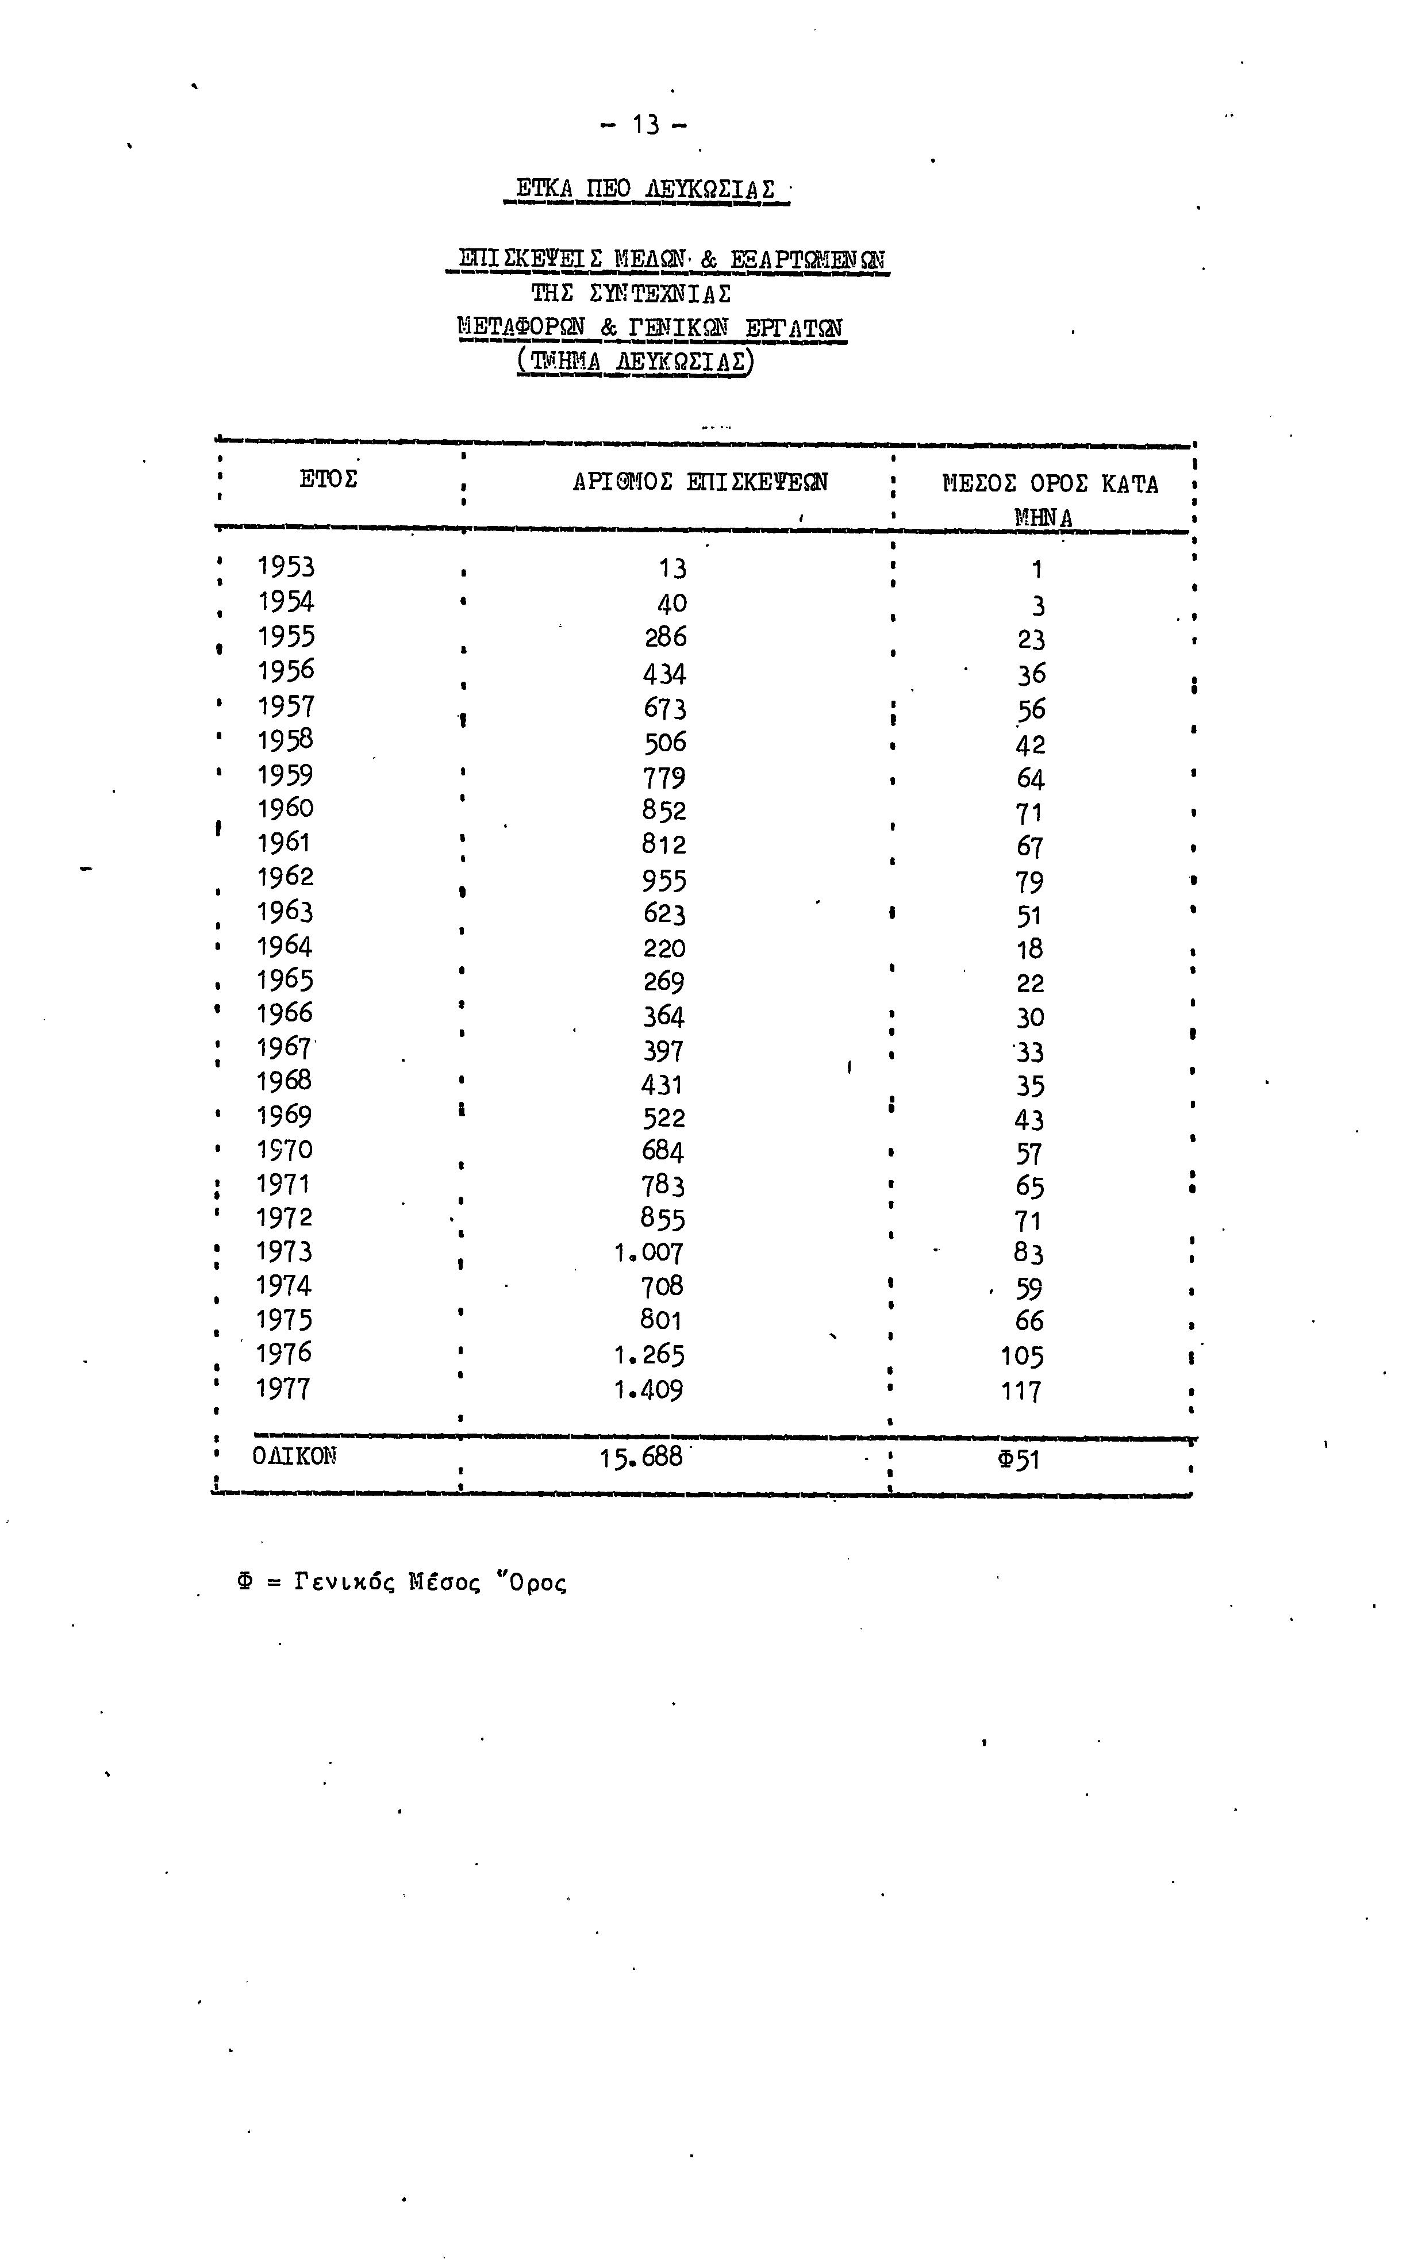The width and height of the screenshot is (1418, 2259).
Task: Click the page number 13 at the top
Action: tap(645, 125)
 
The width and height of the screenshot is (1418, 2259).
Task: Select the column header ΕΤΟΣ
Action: tap(328, 480)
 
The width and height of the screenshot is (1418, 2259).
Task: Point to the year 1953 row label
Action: tap(286, 567)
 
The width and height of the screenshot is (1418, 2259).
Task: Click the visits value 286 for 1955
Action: tap(665, 637)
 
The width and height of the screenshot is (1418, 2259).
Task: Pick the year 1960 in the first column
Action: tap(285, 808)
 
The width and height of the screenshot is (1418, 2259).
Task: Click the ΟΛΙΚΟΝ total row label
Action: tap(294, 1457)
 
